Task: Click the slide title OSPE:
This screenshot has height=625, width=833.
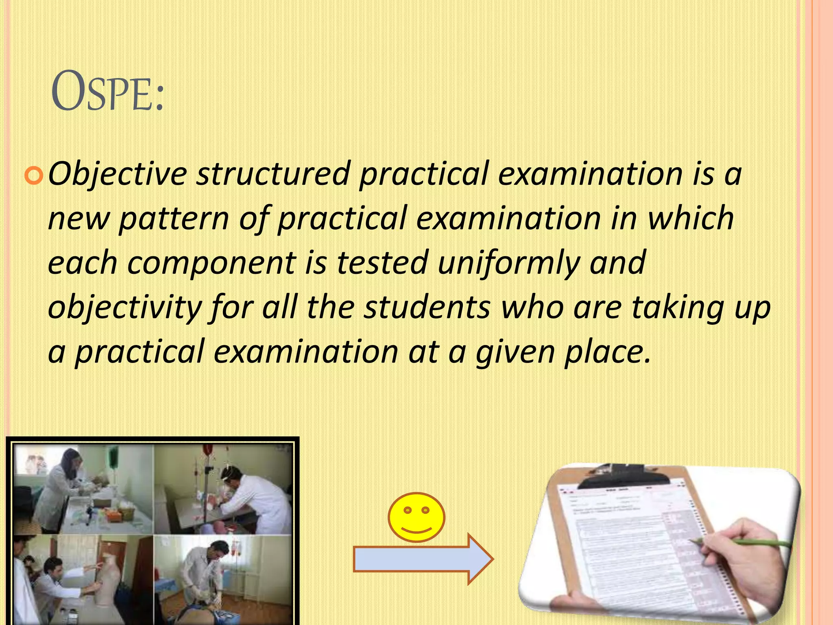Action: tap(107, 92)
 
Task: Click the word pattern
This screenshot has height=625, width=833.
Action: tap(173, 219)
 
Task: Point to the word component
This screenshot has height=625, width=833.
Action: tap(212, 263)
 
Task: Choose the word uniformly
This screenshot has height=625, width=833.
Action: tap(508, 264)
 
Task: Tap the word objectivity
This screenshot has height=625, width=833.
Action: tap(124, 308)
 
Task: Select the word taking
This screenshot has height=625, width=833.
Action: tap(677, 308)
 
